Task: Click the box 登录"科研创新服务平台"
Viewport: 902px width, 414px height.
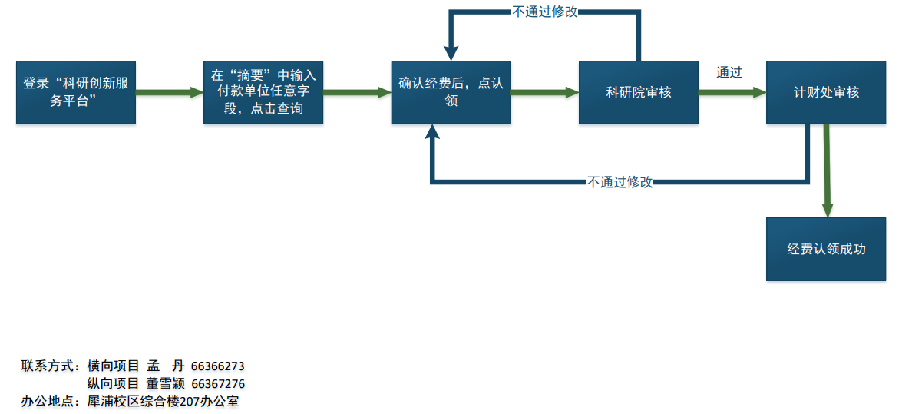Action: click(x=76, y=92)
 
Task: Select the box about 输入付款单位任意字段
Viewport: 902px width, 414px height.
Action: click(x=263, y=92)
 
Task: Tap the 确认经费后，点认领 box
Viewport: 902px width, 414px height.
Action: click(x=451, y=92)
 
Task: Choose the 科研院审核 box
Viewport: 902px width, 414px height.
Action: click(x=638, y=92)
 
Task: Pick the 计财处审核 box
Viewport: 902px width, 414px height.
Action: click(x=825, y=92)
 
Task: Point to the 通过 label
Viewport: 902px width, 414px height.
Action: click(x=729, y=73)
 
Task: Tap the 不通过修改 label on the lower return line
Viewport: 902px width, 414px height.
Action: click(x=620, y=182)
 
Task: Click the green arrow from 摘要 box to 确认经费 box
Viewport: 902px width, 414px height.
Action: click(x=356, y=92)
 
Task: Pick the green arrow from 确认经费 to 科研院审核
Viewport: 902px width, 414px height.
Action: click(x=544, y=92)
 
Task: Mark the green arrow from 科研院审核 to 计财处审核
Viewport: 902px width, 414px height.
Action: click(x=731, y=92)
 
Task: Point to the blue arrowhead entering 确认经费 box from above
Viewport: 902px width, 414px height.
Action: click(x=451, y=51)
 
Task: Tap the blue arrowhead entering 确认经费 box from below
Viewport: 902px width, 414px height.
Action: click(x=433, y=134)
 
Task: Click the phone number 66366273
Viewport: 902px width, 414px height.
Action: click(x=218, y=366)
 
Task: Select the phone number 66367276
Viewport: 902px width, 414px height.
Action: click(x=218, y=383)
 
